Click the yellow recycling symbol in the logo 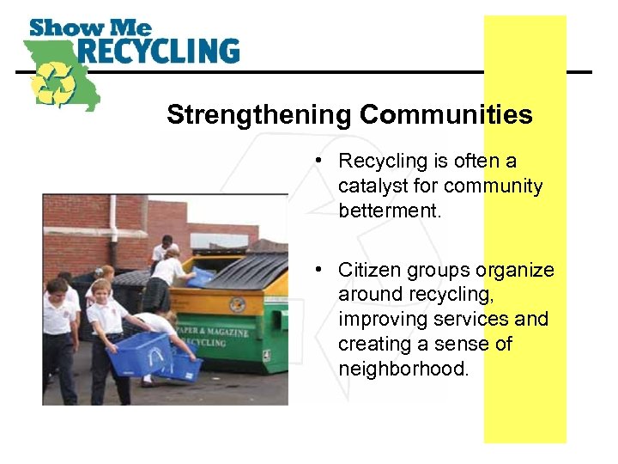(54, 83)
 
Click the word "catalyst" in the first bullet (373, 186)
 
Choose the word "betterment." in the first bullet (390, 211)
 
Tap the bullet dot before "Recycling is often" (317, 161)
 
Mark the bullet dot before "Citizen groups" (317, 270)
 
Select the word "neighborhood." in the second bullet (403, 369)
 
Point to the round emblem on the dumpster (238, 303)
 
